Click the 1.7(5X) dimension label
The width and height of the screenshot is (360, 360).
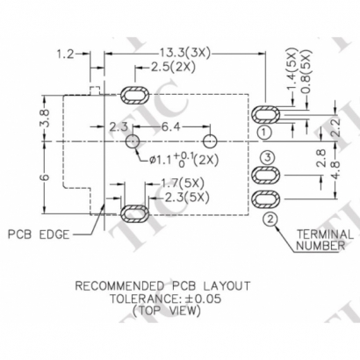(182, 183)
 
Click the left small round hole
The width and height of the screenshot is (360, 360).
(132, 140)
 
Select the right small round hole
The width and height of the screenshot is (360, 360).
(209, 140)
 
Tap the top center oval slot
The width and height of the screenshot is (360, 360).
(134, 94)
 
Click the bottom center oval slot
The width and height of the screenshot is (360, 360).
(134, 211)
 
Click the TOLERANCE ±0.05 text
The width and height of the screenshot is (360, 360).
(162, 299)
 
